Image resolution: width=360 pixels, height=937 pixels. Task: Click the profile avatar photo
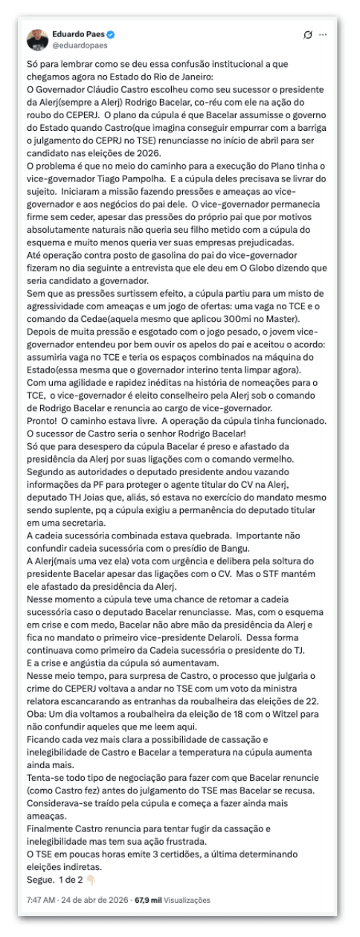coord(38,39)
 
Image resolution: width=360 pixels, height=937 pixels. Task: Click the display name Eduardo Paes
coord(77,35)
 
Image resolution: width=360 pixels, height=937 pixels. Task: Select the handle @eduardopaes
coord(73,45)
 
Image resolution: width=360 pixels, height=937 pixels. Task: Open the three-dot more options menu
coord(322,35)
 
